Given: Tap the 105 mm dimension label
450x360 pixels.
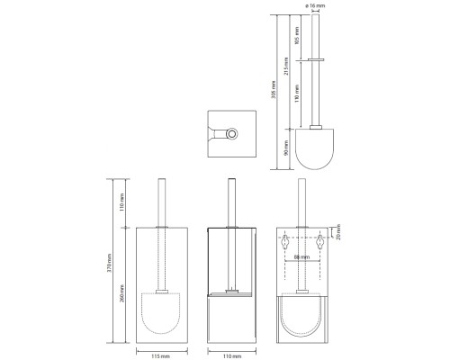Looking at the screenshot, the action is pos(297,35).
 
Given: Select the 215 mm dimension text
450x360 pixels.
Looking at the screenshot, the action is pos(286,66).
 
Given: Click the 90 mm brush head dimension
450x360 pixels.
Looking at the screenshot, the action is pos(286,148).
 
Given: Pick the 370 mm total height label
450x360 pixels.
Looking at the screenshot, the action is pos(110,263).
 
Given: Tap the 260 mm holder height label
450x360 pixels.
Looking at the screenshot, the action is pos(122,293).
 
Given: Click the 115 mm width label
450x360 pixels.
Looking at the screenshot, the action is pos(160,356).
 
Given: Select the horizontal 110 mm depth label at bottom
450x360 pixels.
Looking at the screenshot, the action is pos(232,356).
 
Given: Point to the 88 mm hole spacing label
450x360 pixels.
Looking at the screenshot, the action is pos(301,257).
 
